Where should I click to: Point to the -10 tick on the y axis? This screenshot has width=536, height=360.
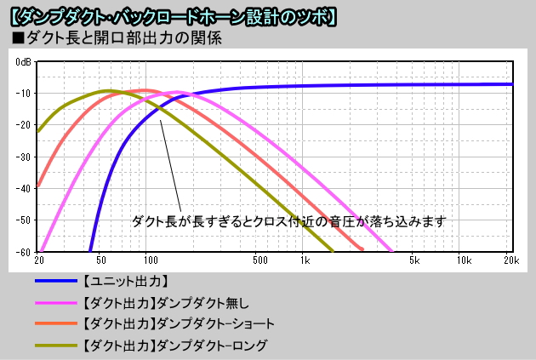25,94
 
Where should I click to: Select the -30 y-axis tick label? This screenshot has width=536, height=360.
25,157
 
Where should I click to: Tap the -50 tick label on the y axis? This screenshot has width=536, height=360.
25,220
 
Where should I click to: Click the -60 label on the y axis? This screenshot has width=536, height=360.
25,252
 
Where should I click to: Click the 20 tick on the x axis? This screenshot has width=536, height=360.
38,260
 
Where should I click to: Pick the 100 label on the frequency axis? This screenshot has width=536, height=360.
146,260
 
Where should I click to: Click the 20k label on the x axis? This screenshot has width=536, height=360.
510,260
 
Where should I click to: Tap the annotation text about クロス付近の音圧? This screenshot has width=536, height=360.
288,221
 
